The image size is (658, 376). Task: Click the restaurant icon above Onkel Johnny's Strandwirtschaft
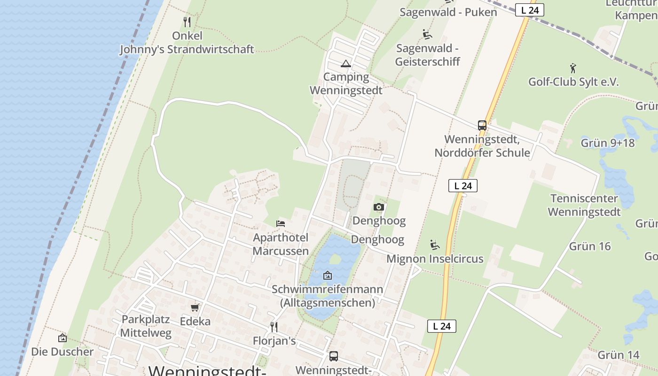click(x=187, y=22)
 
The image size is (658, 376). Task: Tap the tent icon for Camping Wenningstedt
click(x=346, y=63)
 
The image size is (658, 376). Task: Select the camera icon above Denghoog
click(x=378, y=207)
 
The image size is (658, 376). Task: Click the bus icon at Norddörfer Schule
click(x=482, y=125)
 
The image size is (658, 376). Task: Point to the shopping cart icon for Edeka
click(x=195, y=307)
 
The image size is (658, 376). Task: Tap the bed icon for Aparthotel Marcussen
click(x=281, y=223)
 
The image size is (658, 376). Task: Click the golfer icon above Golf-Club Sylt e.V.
click(x=573, y=68)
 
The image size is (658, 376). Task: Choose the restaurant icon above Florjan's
click(x=274, y=327)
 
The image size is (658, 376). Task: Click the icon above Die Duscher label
click(x=62, y=337)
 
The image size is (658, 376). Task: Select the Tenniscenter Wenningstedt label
click(x=584, y=205)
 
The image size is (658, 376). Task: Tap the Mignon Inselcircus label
click(x=435, y=259)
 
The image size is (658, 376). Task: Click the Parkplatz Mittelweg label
click(x=145, y=326)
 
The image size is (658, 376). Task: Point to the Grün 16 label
click(x=590, y=246)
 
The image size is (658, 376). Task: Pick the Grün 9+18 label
click(x=608, y=143)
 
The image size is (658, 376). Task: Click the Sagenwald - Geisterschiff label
click(x=427, y=55)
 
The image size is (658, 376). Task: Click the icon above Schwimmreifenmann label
click(x=328, y=275)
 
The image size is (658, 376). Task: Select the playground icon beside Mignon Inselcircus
click(x=435, y=245)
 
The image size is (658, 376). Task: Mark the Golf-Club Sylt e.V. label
click(x=573, y=82)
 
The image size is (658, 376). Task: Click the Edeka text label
click(x=195, y=321)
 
